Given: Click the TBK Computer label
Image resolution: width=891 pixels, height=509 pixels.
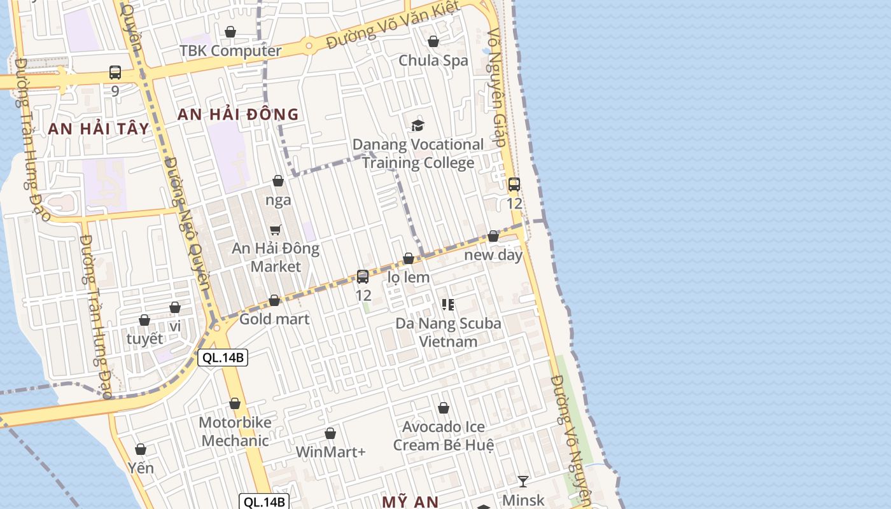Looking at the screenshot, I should (230, 51).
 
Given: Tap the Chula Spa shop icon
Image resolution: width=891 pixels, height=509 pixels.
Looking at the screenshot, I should (433, 42).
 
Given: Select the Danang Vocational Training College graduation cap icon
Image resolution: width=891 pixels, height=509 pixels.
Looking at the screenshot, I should (418, 125).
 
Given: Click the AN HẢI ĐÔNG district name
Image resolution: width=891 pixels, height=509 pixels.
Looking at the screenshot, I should (238, 115).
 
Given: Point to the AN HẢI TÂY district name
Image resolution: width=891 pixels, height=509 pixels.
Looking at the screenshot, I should (99, 129).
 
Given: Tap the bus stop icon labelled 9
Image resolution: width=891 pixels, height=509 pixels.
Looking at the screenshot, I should (115, 73).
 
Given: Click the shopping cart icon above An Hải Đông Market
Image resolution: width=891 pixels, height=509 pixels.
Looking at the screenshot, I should (276, 230).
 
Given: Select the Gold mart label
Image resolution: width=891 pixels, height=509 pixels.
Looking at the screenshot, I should (274, 319).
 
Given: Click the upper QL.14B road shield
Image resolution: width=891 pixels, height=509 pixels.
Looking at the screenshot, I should (222, 358).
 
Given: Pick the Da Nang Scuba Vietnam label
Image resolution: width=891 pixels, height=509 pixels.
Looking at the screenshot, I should (448, 332).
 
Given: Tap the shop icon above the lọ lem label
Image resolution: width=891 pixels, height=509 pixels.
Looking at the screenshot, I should (409, 258).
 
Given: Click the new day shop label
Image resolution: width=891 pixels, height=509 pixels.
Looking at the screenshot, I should (493, 255).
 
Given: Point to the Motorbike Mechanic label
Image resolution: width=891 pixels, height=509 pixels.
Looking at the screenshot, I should (235, 431).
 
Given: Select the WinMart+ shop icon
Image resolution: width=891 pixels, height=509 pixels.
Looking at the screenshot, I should (330, 434).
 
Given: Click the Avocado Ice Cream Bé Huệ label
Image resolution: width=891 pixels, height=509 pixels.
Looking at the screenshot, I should (443, 436).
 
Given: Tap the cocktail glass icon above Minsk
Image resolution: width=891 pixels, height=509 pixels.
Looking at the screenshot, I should (523, 481).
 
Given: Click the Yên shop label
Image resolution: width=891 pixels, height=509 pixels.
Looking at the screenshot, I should (141, 468).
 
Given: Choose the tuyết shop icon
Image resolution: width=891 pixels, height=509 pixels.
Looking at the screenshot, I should (144, 320).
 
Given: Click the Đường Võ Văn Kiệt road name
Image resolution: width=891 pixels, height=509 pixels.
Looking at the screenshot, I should (392, 25).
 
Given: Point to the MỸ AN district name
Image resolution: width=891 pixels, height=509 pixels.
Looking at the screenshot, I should (410, 501).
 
